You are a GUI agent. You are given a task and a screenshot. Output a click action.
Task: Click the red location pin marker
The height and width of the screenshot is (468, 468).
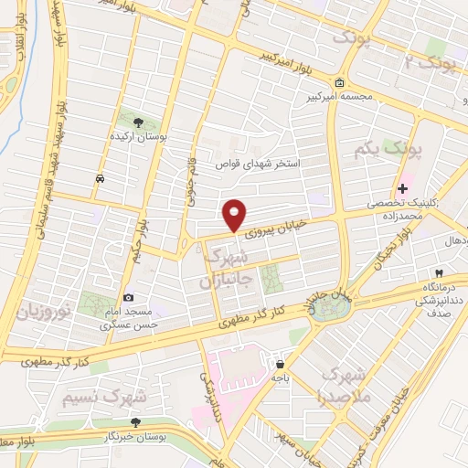click(x=235, y=214)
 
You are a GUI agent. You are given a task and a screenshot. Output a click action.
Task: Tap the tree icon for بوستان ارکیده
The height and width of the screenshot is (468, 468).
click(x=138, y=122)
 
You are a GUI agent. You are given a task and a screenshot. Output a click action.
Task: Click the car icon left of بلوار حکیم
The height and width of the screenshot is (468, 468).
click(x=99, y=179)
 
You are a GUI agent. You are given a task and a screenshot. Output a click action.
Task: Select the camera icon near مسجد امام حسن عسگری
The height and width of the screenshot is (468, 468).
click(x=128, y=297)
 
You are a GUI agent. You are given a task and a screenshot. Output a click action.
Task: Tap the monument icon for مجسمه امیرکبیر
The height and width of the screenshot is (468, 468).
click(x=340, y=84)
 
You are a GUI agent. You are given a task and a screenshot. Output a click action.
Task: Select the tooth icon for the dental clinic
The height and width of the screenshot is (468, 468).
click(x=440, y=272)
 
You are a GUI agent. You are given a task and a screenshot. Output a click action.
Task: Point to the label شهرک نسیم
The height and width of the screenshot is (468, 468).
click(x=105, y=398)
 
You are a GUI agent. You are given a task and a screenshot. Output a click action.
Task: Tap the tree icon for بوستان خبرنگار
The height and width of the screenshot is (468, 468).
click(x=135, y=422)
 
